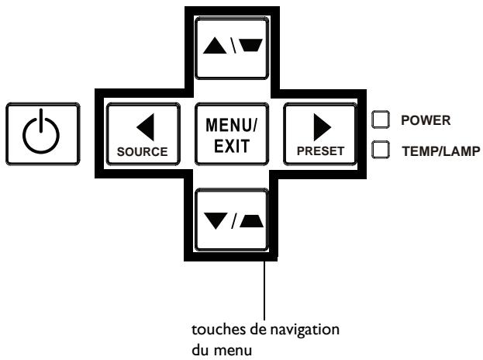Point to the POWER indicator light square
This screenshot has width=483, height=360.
[381, 119]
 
